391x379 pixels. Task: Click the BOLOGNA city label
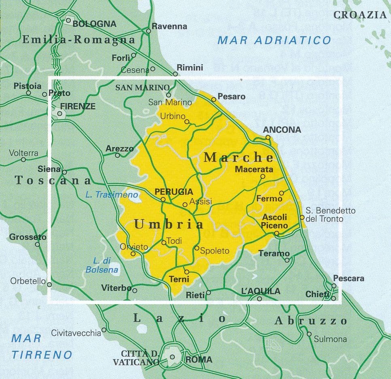(x=94, y=24)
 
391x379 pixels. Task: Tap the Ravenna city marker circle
(x=149, y=30)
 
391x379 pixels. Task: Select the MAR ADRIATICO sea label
(x=274, y=40)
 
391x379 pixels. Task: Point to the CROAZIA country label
(x=360, y=15)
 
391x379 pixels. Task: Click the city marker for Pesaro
(x=214, y=99)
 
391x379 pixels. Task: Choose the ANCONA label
(x=282, y=130)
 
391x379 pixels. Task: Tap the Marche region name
(x=238, y=157)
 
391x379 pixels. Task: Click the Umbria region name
(x=169, y=224)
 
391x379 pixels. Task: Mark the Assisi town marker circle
(x=185, y=205)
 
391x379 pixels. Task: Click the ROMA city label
(x=198, y=359)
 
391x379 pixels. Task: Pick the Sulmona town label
(x=330, y=339)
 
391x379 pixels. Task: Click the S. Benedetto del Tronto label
(x=330, y=215)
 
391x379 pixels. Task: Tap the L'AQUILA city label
(x=260, y=291)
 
